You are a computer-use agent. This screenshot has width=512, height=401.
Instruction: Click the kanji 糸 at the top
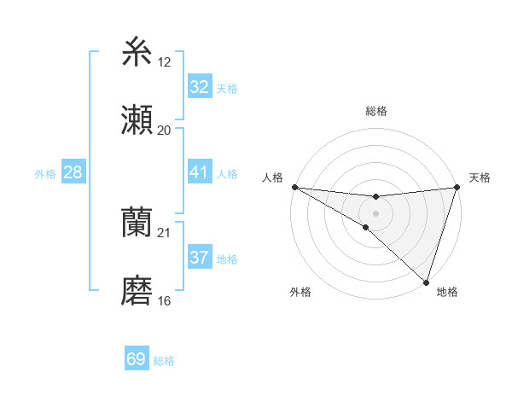(x=137, y=52)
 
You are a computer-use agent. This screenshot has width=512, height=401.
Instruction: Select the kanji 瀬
(x=137, y=120)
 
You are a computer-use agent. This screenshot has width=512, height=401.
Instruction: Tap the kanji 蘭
(x=137, y=223)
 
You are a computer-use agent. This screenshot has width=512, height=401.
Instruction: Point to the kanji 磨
(x=137, y=291)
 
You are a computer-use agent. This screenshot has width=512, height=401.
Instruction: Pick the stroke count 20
(x=164, y=130)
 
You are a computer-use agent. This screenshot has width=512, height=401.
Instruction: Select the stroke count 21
(x=164, y=232)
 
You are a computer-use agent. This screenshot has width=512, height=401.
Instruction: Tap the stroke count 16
(x=164, y=300)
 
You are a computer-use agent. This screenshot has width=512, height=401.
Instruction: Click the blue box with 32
(x=199, y=87)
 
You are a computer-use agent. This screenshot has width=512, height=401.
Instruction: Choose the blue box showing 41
(x=199, y=172)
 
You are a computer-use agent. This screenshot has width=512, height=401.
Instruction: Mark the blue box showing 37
(x=199, y=258)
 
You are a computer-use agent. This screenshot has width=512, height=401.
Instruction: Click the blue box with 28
(x=73, y=172)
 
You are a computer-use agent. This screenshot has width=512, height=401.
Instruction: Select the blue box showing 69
(x=137, y=359)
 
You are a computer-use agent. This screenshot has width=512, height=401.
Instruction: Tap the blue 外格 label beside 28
(x=45, y=174)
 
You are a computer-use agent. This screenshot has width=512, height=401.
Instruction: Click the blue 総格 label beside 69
(x=164, y=361)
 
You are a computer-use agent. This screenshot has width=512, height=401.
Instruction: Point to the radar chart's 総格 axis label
(x=375, y=111)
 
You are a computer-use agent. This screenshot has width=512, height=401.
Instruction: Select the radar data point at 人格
(x=294, y=187)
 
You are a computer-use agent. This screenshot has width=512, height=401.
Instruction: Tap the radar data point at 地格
(x=426, y=282)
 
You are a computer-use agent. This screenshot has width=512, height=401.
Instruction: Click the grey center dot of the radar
(x=375, y=212)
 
